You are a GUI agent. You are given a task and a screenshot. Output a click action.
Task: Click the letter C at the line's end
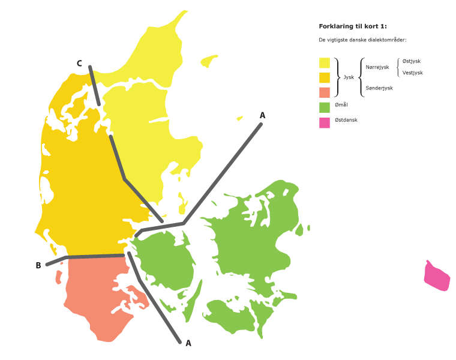coord(79,63)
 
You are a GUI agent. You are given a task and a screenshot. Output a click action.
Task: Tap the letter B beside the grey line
coord(38,265)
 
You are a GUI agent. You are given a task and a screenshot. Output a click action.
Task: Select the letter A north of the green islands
coord(262,115)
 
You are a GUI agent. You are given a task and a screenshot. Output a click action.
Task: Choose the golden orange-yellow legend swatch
coord(325,77)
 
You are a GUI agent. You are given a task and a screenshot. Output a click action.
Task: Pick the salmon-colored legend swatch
coord(325,92)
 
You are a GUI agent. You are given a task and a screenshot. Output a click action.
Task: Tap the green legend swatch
coord(325,107)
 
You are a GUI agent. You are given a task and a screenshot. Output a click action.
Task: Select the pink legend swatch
coord(325,122)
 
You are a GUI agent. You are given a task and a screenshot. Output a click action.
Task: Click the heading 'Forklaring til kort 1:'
coord(353,26)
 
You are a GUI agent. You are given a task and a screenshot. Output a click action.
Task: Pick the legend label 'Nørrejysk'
coord(377,67)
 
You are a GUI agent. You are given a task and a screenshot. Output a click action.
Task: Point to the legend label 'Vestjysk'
coord(413,72)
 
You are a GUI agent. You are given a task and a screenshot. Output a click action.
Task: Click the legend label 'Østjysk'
coord(412,61)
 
